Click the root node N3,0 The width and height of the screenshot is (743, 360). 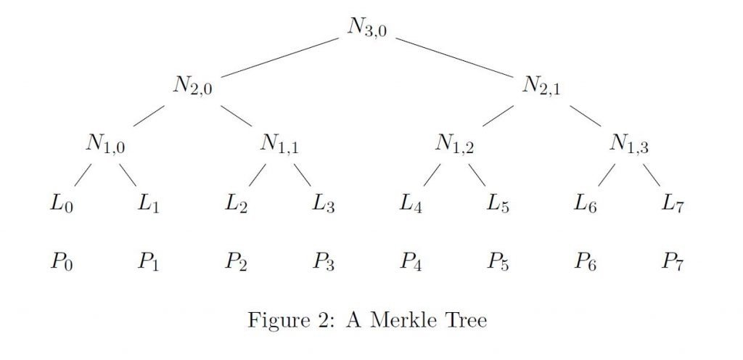(366, 28)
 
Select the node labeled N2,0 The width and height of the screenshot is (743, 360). (192, 86)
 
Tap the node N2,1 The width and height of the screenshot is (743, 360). (541, 86)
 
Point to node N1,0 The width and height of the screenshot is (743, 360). (105, 144)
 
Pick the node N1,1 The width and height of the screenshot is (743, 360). (279, 144)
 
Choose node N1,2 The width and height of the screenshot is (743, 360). (454, 144)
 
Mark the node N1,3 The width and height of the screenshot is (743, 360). (629, 144)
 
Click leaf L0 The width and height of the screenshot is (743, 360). (62, 205)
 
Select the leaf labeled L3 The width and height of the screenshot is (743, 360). (324, 205)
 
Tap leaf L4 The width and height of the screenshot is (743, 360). (411, 205)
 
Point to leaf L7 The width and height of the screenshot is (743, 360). (673, 205)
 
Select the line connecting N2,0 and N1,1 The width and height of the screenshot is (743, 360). (236, 115)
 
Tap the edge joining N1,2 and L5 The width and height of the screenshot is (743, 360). (477, 175)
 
